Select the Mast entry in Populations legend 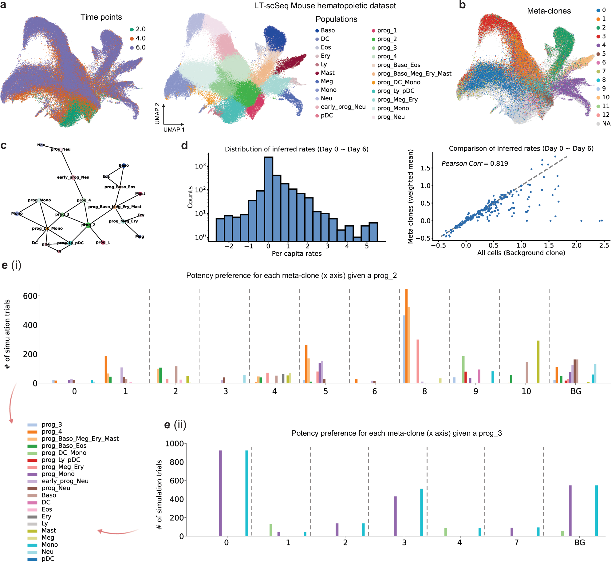pyautogui.click(x=327, y=73)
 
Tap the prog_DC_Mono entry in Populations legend pyautogui.click(x=398, y=82)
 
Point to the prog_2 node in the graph pyautogui.click(x=88, y=225)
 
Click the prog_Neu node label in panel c pyautogui.click(x=61, y=149)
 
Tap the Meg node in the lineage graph pyautogui.click(x=140, y=236)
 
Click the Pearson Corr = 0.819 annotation pyautogui.click(x=475, y=164)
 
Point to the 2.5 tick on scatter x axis pyautogui.click(x=604, y=246)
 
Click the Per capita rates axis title pyautogui.click(x=297, y=254)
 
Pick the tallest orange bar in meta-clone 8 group pyautogui.click(x=406, y=335)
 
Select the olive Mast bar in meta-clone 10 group pyautogui.click(x=538, y=362)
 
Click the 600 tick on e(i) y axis pyautogui.click(x=30, y=296)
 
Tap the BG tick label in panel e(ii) pyautogui.click(x=579, y=543)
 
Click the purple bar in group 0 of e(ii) pyautogui.click(x=220, y=493)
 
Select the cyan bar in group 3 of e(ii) pyautogui.click(x=421, y=512)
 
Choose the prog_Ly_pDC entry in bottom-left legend pyautogui.click(x=61, y=460)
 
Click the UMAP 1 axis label pyautogui.click(x=174, y=130)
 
